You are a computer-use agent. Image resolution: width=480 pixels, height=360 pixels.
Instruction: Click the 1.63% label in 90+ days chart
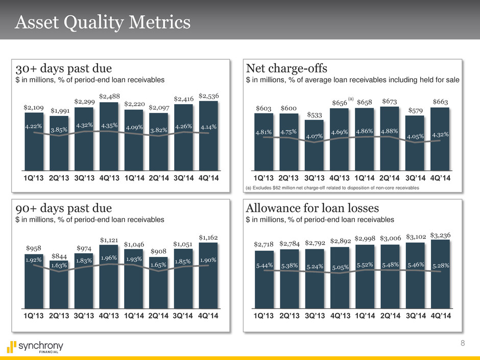[x=60, y=265]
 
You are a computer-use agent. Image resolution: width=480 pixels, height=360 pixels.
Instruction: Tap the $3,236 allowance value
[x=441, y=235]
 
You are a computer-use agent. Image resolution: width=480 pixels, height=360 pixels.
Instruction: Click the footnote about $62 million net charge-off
[x=332, y=188]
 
